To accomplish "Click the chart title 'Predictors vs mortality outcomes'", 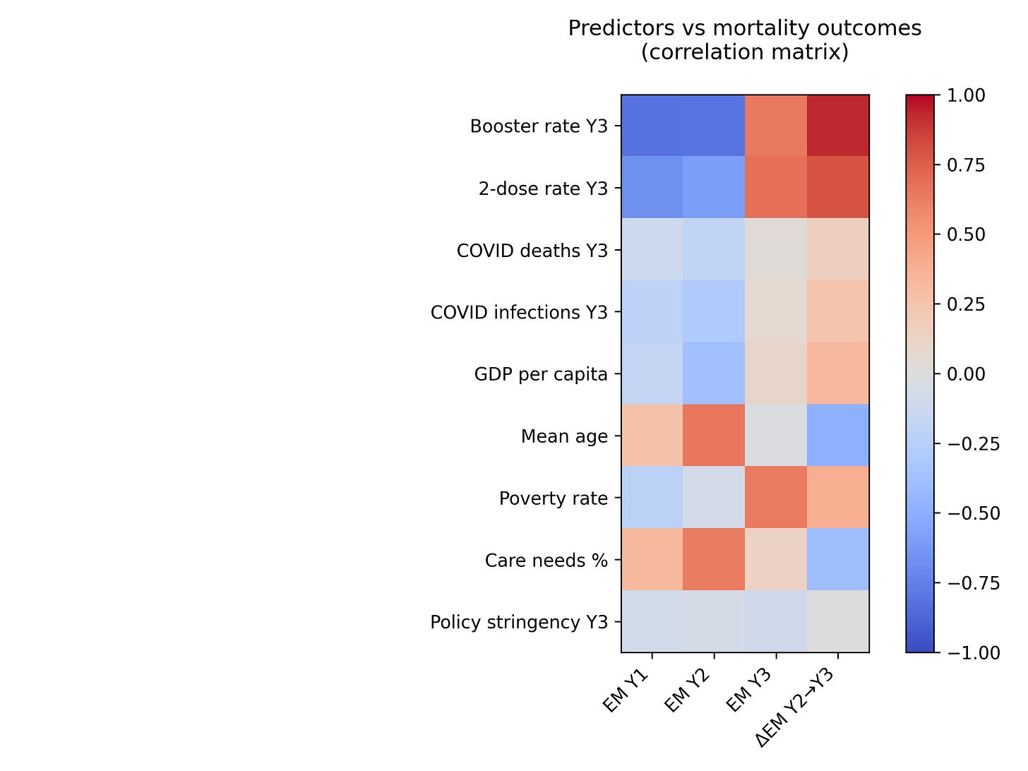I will [745, 28].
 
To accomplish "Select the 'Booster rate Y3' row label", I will [539, 126].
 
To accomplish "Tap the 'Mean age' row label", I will [564, 436].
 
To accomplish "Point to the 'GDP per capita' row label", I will [541, 374].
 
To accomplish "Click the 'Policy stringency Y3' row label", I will [519, 622].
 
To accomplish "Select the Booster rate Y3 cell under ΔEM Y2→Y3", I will [838, 126].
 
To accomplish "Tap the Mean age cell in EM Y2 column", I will [714, 436].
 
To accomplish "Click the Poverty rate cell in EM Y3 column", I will [776, 498].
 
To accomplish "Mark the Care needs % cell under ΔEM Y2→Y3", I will [838, 559].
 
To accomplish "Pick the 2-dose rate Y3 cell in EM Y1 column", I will [652, 188].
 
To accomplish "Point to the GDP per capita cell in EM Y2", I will [714, 373].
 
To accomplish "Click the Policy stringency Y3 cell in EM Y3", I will [776, 621].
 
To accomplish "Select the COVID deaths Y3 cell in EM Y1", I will [652, 250].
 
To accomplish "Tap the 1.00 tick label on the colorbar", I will [964, 95].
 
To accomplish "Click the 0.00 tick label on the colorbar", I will [964, 374].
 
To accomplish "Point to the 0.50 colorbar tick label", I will [964, 234].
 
